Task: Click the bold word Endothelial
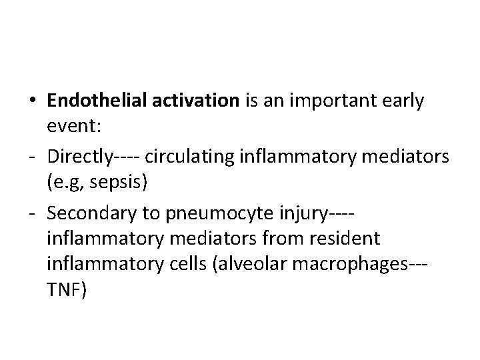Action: [x=98, y=101]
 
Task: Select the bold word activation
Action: [x=196, y=101]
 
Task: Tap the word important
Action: [x=339, y=101]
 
